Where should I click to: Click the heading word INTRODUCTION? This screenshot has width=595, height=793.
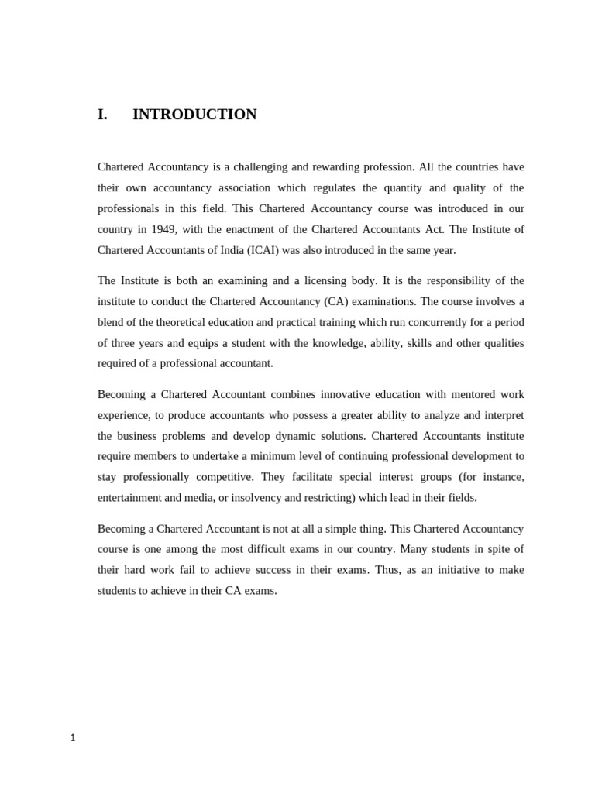point(194,115)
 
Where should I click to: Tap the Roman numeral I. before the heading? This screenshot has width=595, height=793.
point(102,115)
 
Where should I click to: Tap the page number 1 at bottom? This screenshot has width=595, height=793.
point(73,738)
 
